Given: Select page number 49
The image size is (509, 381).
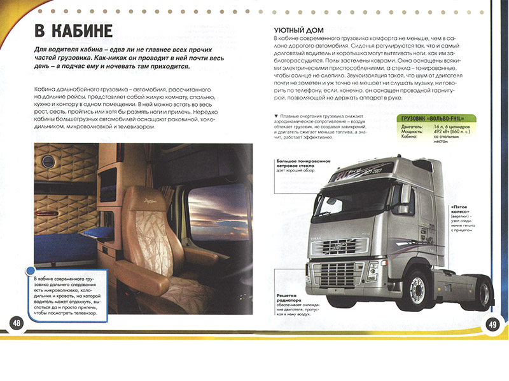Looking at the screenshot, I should [492, 324].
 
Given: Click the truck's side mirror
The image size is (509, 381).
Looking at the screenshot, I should [405, 194].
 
